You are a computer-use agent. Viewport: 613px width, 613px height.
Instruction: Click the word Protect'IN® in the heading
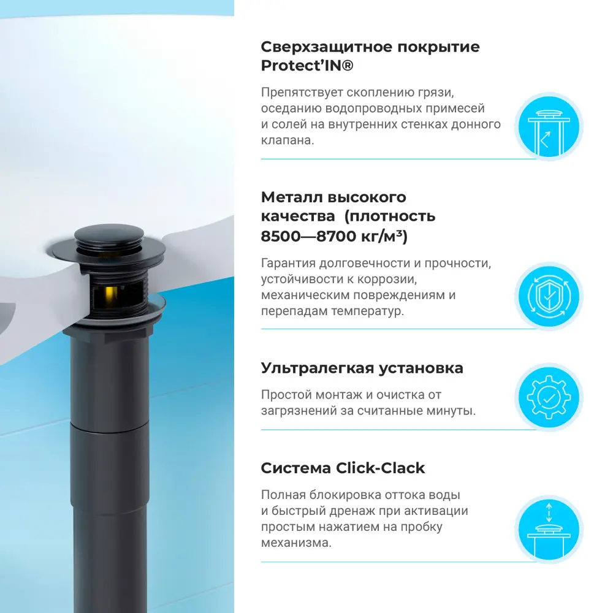307,66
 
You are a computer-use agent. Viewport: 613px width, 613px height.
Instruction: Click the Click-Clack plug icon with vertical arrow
547,528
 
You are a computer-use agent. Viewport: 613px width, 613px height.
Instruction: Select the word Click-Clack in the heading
381,468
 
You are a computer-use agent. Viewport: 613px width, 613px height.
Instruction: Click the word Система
295,468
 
